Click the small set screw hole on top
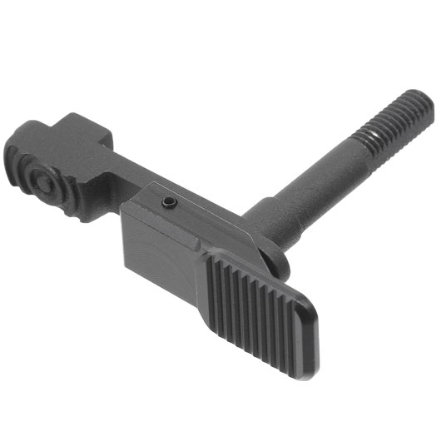[x=168, y=202]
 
